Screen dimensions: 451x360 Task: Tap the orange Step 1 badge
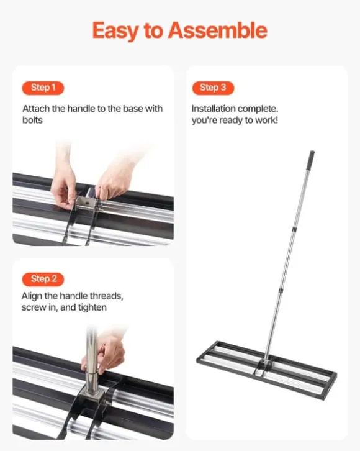click(43, 88)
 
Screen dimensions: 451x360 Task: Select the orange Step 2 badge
click(43, 279)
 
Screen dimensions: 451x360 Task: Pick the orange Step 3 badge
click(213, 88)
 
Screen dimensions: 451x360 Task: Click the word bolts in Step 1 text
click(32, 119)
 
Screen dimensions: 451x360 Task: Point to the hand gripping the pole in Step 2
click(112, 352)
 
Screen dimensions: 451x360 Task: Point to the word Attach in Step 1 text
click(35, 108)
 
